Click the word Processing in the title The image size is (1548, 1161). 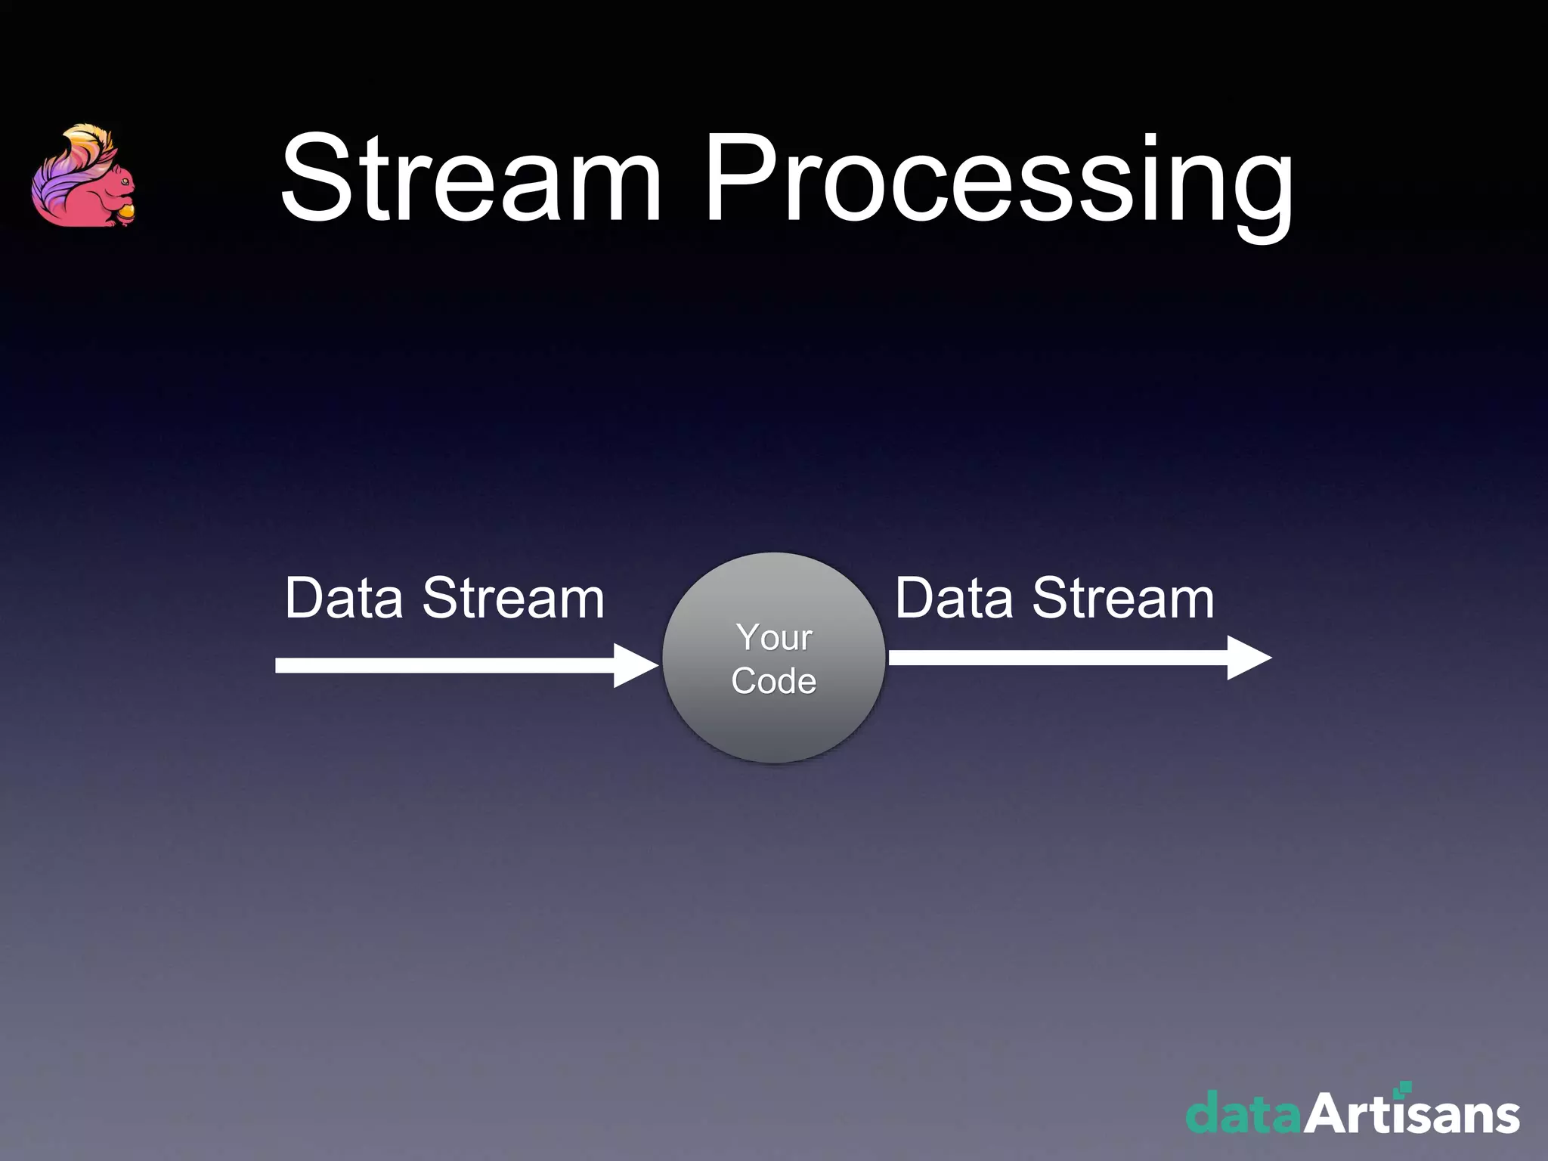point(998,181)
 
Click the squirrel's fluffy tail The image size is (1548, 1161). point(64,174)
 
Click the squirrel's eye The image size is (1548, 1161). point(124,181)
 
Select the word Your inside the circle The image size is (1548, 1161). point(774,637)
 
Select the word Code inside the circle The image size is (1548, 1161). point(774,681)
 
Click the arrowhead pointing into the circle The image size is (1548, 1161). point(635,665)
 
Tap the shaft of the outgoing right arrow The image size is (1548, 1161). point(1058,658)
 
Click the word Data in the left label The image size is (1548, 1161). point(344,599)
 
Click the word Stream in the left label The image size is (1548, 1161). point(513,599)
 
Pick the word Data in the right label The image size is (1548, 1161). point(954,599)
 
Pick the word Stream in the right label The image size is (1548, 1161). point(1123,599)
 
